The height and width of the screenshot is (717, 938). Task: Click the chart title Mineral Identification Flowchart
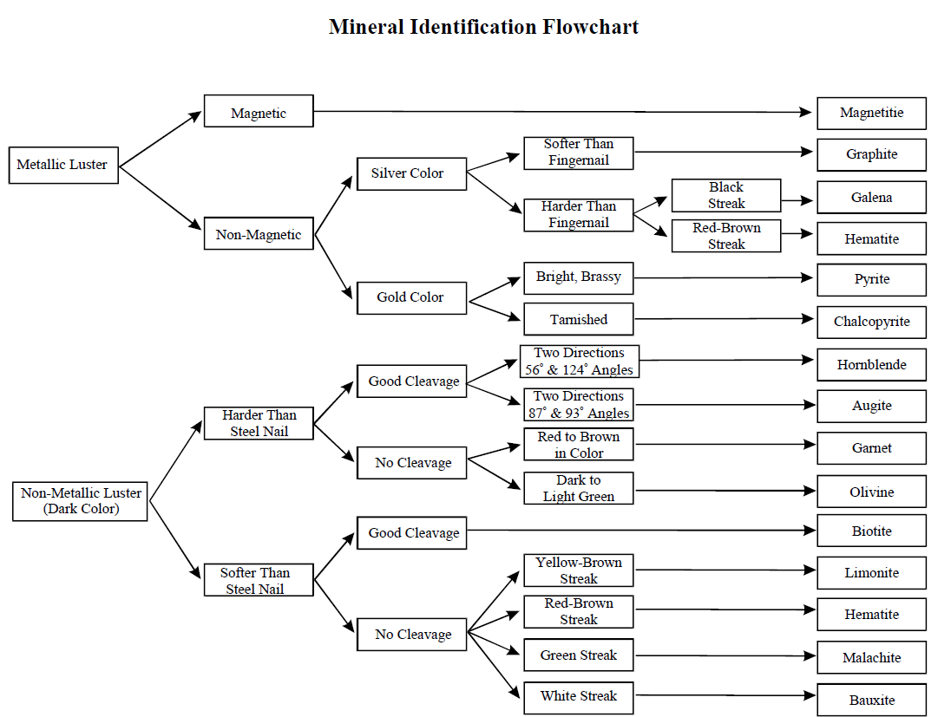point(483,27)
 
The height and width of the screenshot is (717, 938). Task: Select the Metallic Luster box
point(63,165)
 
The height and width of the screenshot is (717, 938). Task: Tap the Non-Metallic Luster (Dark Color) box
point(80,501)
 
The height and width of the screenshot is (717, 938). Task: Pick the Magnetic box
point(259,111)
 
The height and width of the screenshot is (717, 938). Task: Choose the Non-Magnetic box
point(259,233)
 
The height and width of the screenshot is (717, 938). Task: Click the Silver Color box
point(411,174)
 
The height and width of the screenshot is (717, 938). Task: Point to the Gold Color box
point(411,298)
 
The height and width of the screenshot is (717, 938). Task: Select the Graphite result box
point(871,154)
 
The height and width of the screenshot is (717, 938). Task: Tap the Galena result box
point(871,197)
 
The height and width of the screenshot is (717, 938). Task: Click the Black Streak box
point(726,195)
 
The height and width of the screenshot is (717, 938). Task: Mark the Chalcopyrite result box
point(871,323)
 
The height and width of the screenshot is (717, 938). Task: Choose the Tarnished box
point(579,319)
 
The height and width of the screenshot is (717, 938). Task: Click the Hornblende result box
point(871,365)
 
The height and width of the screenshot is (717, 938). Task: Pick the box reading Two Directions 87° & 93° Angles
point(579,405)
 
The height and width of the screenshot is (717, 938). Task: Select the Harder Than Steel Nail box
point(259,423)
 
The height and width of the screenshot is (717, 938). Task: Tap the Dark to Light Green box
point(579,488)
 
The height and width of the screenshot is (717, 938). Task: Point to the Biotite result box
point(871,531)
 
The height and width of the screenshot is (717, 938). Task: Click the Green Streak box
point(579,655)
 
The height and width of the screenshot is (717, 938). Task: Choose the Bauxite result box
point(871,701)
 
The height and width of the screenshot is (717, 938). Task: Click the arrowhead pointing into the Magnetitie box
point(806,112)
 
